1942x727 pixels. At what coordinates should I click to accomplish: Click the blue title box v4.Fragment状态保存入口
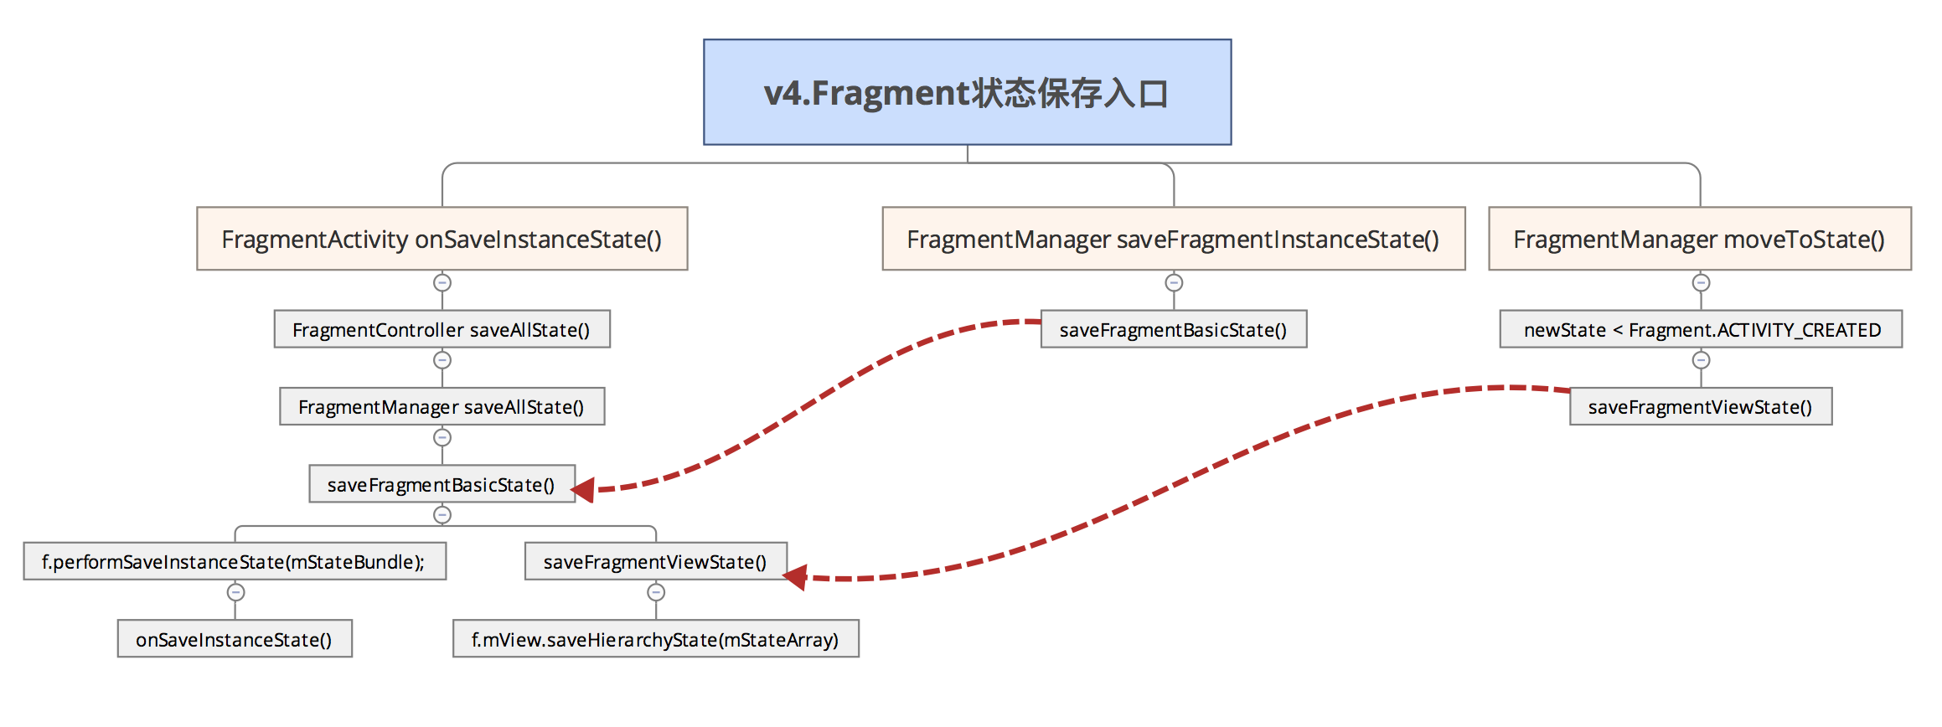[x=967, y=92]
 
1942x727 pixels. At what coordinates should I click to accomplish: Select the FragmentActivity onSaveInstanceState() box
[x=442, y=240]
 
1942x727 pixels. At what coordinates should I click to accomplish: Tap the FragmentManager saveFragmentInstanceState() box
[x=1173, y=240]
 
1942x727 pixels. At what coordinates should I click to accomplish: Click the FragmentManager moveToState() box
[x=1699, y=240]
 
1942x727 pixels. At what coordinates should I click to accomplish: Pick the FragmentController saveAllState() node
[x=442, y=330]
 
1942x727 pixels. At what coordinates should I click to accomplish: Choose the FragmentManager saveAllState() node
[x=442, y=407]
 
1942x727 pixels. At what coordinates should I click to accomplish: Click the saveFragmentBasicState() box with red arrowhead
[x=442, y=485]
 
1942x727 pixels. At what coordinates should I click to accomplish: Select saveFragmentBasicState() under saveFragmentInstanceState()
[x=1173, y=330]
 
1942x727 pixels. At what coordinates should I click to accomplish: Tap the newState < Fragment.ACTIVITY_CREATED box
[x=1701, y=330]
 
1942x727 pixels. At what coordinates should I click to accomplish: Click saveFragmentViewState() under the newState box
[x=1700, y=407]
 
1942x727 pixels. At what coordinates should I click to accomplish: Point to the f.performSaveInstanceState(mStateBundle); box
[x=234, y=562]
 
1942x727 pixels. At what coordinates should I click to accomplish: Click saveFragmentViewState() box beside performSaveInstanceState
[x=655, y=562]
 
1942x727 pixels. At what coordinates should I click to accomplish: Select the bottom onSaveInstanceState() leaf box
[x=234, y=640]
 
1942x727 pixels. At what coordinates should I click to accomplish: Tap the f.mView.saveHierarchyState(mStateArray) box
[x=655, y=640]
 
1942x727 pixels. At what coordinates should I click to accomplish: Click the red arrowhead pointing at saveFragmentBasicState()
[x=584, y=490]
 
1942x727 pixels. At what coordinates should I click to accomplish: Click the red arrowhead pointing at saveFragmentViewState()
[x=795, y=577]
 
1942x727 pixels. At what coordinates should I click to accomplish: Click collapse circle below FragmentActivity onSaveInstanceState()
[x=442, y=283]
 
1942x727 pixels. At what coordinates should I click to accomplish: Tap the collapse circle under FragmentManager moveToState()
[x=1701, y=283]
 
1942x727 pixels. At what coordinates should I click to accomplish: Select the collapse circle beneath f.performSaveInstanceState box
[x=235, y=593]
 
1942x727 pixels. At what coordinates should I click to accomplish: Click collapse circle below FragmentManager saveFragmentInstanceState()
[x=1174, y=283]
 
